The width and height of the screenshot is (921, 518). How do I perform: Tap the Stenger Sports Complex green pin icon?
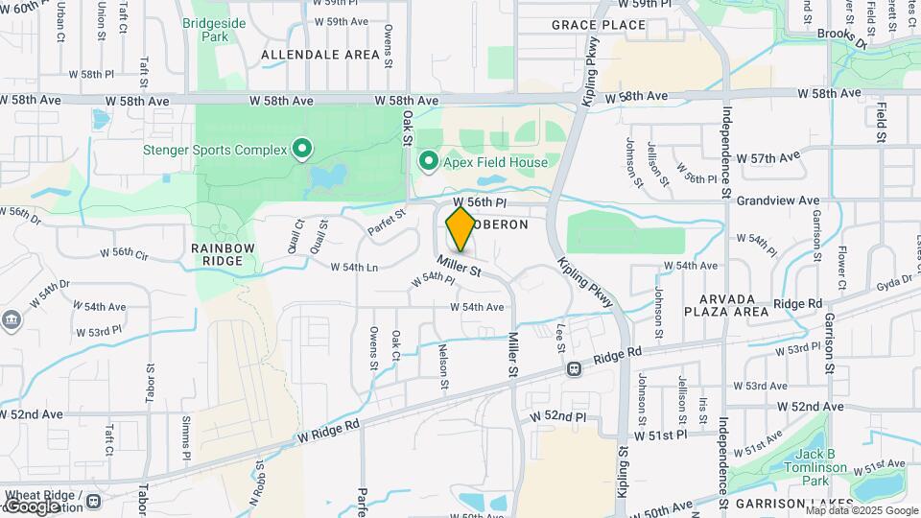click(x=302, y=149)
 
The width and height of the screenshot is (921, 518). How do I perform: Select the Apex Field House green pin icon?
click(x=428, y=162)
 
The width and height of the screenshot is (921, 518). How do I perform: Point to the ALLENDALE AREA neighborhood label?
click(x=320, y=55)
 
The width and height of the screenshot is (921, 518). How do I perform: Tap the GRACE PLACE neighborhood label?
click(x=599, y=25)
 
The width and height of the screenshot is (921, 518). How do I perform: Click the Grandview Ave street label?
click(x=784, y=201)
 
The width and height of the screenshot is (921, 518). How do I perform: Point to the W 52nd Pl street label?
click(x=557, y=417)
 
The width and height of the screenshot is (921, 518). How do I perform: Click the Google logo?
click(x=32, y=506)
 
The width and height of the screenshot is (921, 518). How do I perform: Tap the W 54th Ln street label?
click(x=354, y=267)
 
